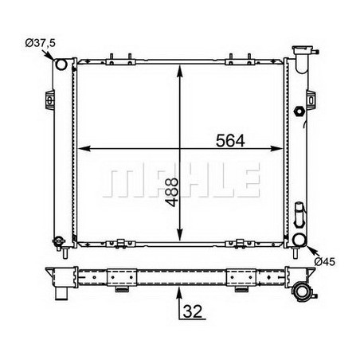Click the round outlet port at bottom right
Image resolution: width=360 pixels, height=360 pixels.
tap(299, 240)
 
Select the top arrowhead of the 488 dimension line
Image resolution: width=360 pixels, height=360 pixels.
tap(182, 65)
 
